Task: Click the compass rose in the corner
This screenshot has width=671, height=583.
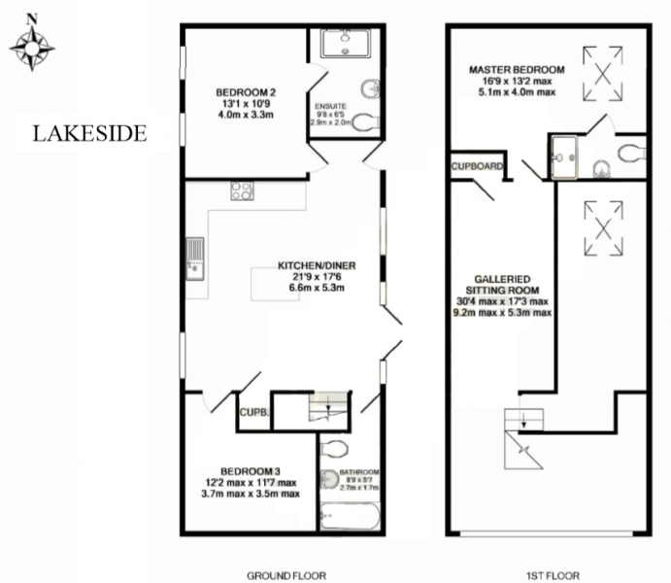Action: click(32, 48)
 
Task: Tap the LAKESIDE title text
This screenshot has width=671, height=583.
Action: click(90, 133)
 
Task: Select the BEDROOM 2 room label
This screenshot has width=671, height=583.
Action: click(246, 92)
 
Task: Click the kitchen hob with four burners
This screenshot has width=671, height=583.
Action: click(242, 190)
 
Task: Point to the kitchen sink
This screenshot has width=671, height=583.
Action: click(195, 259)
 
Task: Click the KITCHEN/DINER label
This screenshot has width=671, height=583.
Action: click(317, 265)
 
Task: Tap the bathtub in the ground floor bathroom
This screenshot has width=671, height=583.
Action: click(350, 516)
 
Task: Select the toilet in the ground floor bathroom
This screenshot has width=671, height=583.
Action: click(334, 449)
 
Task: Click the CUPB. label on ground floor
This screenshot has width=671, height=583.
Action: click(254, 413)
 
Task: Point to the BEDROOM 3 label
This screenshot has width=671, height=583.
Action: click(251, 471)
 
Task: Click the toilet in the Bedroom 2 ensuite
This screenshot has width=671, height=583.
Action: click(367, 122)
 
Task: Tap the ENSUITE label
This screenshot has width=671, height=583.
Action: click(330, 106)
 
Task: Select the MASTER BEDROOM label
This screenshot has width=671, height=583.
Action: click(517, 69)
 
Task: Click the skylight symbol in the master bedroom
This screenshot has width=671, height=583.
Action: click(602, 74)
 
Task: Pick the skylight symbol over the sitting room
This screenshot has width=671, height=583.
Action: click(603, 228)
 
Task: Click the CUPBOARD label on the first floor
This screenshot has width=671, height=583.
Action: click(477, 166)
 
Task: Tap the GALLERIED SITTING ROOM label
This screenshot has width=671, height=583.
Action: click(502, 285)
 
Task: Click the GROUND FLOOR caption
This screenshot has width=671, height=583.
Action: click(286, 576)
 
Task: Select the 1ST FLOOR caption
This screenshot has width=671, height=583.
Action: click(553, 576)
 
